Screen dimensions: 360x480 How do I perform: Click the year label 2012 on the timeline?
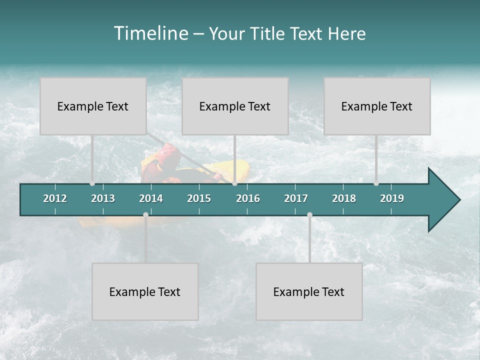(x=55, y=198)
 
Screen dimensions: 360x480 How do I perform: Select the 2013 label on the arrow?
(x=103, y=198)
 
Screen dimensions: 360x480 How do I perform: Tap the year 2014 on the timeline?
(x=151, y=198)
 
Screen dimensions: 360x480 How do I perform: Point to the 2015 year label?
(x=199, y=198)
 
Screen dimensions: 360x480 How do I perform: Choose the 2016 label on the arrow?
(x=248, y=198)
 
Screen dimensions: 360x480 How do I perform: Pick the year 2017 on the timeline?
(x=296, y=198)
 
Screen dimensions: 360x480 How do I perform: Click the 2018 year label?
(x=344, y=198)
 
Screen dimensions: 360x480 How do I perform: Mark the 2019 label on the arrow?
(x=392, y=198)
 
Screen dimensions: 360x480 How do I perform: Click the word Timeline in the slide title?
(x=150, y=33)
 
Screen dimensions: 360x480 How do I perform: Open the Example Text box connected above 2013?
(x=93, y=106)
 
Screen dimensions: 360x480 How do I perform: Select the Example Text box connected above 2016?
(x=235, y=106)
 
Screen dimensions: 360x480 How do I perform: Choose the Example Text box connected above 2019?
(x=377, y=106)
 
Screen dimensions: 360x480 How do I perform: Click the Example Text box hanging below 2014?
(x=145, y=291)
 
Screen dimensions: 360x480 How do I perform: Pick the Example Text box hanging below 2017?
(x=309, y=291)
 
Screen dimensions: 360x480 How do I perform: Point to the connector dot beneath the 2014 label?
(x=145, y=214)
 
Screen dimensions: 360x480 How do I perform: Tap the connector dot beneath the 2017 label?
(x=309, y=214)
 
